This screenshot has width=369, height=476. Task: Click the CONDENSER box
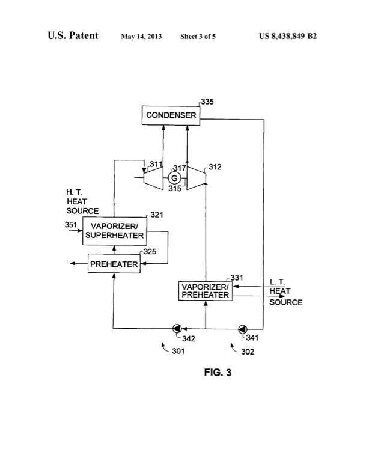170,115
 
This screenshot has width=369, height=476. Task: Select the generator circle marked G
175,178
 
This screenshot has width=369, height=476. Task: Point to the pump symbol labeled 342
178,328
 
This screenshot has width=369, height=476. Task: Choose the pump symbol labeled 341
242,328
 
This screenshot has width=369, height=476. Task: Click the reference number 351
71,225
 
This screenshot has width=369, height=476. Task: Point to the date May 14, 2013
142,37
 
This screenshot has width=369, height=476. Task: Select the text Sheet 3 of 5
198,37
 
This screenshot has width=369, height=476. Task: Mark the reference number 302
247,352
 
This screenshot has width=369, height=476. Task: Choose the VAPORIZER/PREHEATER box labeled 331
204,290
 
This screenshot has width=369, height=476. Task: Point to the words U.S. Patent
73,36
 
